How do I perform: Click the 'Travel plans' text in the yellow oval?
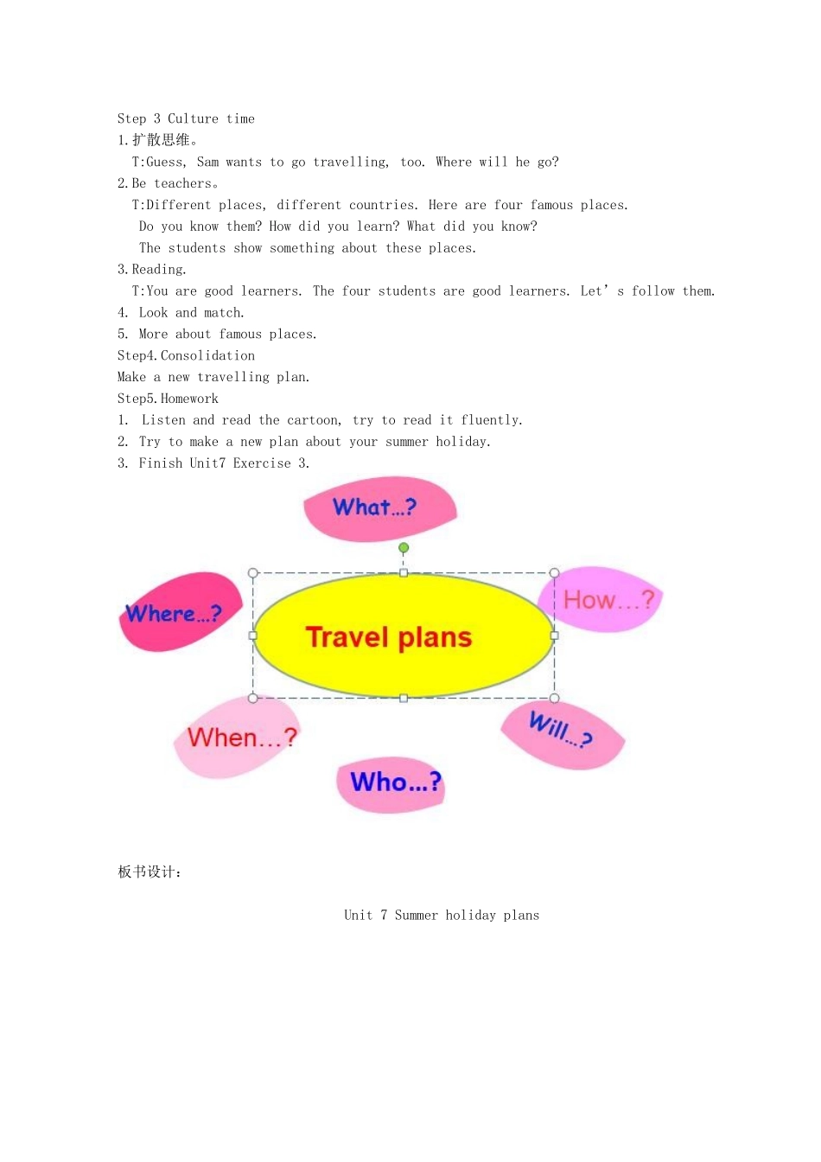pyautogui.click(x=389, y=637)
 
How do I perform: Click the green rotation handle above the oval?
pyautogui.click(x=404, y=548)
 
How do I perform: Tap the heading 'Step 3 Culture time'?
pyautogui.click(x=186, y=118)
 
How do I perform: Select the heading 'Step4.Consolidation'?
pyautogui.click(x=186, y=355)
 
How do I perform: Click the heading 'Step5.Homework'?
pyautogui.click(x=168, y=399)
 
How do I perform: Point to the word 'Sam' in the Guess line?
pyautogui.click(x=207, y=162)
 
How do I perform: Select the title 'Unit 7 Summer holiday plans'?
pyautogui.click(x=442, y=915)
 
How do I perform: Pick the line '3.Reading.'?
pyautogui.click(x=151, y=270)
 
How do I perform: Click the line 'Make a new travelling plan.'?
pyautogui.click(x=213, y=377)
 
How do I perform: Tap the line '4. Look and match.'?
pyautogui.click(x=181, y=312)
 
